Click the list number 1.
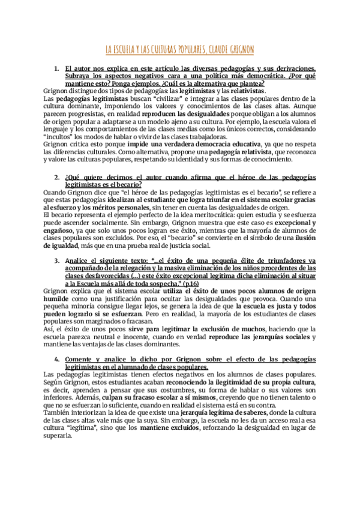tap(56, 69)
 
